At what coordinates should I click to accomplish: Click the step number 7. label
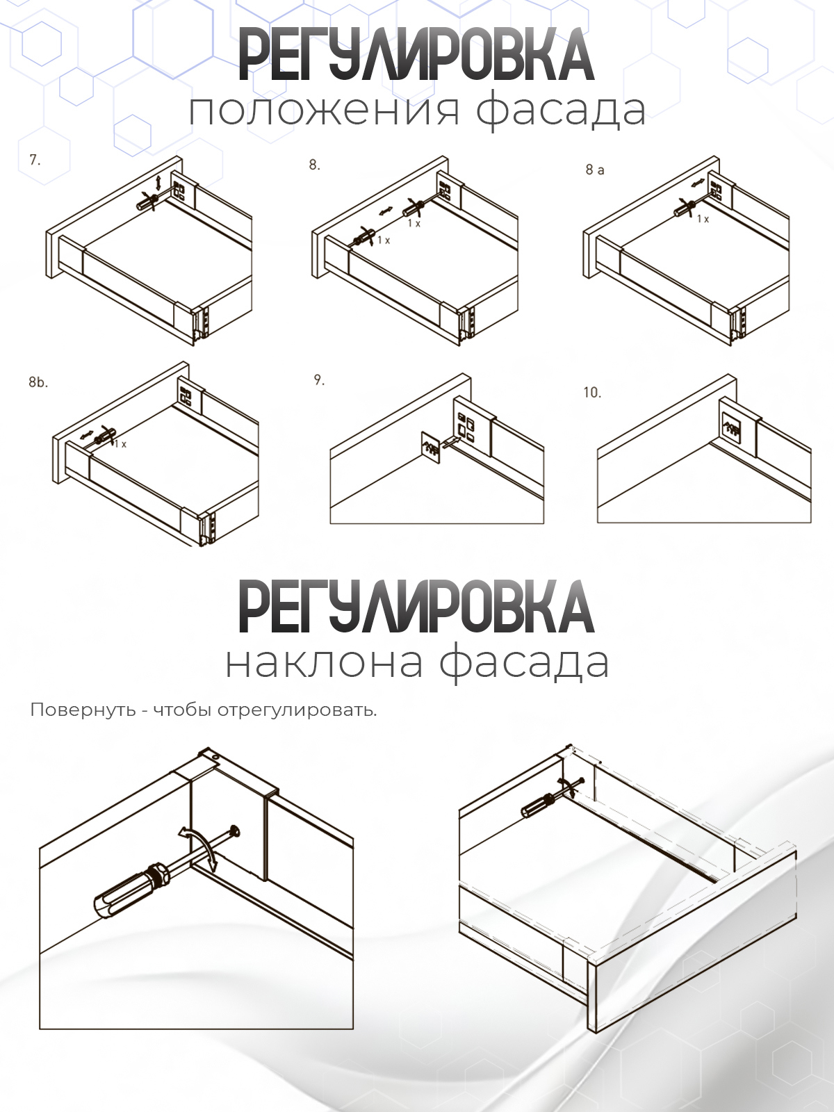[x=35, y=160]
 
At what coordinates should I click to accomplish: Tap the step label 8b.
[x=38, y=382]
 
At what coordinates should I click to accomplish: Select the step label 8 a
[x=595, y=170]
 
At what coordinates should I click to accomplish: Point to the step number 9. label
[x=319, y=380]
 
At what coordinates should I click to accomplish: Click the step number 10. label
[x=592, y=393]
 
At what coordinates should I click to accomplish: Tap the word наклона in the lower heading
[x=324, y=662]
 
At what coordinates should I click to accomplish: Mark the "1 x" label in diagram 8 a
[x=703, y=219]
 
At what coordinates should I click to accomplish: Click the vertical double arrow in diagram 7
[x=158, y=182]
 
